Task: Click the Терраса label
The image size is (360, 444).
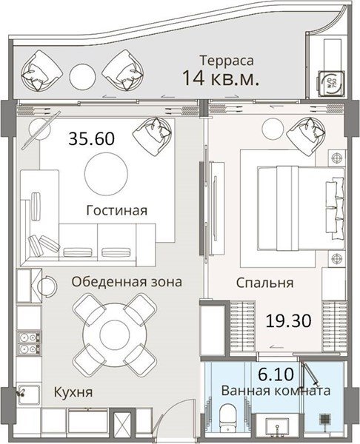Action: [227, 61]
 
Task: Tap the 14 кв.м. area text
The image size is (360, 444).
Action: [221, 78]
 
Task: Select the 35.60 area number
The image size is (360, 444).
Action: [92, 139]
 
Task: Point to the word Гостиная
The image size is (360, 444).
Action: [117, 211]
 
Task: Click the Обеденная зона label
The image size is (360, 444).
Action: [127, 282]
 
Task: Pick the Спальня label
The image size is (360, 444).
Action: [264, 283]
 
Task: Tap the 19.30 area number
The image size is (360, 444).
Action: [288, 321]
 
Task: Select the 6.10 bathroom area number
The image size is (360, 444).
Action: [276, 374]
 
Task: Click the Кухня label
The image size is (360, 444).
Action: [73, 393]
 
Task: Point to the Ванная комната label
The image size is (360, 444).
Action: [276, 391]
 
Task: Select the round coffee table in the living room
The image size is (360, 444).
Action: [106, 174]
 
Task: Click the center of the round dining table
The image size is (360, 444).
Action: [115, 335]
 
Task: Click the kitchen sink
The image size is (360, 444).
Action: [29, 394]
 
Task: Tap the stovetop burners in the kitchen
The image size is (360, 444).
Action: [29, 343]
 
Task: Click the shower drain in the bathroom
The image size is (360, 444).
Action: [326, 419]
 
